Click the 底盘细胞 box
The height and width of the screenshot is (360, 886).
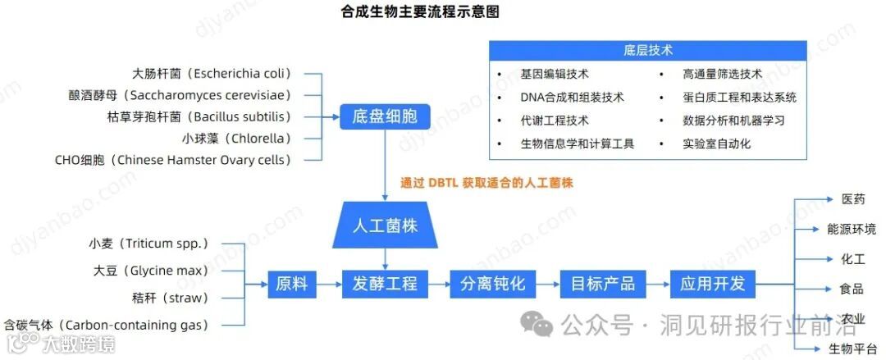pos(385,116)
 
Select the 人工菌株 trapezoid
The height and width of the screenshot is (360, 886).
pos(385,225)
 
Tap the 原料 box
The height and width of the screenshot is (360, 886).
pos(291,285)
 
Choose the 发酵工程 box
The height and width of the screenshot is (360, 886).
pos(385,285)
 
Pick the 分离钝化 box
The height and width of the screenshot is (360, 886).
pos(492,285)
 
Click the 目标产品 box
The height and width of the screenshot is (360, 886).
pos(603,285)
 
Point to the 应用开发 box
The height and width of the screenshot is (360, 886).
pos(712,285)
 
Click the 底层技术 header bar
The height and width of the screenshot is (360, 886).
pos(647,50)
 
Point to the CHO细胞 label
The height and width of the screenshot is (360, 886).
pos(172,160)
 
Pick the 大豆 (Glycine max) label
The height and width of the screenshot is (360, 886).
pos(151,271)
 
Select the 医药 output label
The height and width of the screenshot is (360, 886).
pos(852,200)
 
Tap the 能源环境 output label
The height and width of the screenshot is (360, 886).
pos(852,230)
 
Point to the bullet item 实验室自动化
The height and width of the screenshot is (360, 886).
pos(716,144)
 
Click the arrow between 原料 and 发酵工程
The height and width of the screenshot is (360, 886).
pos(329,285)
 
